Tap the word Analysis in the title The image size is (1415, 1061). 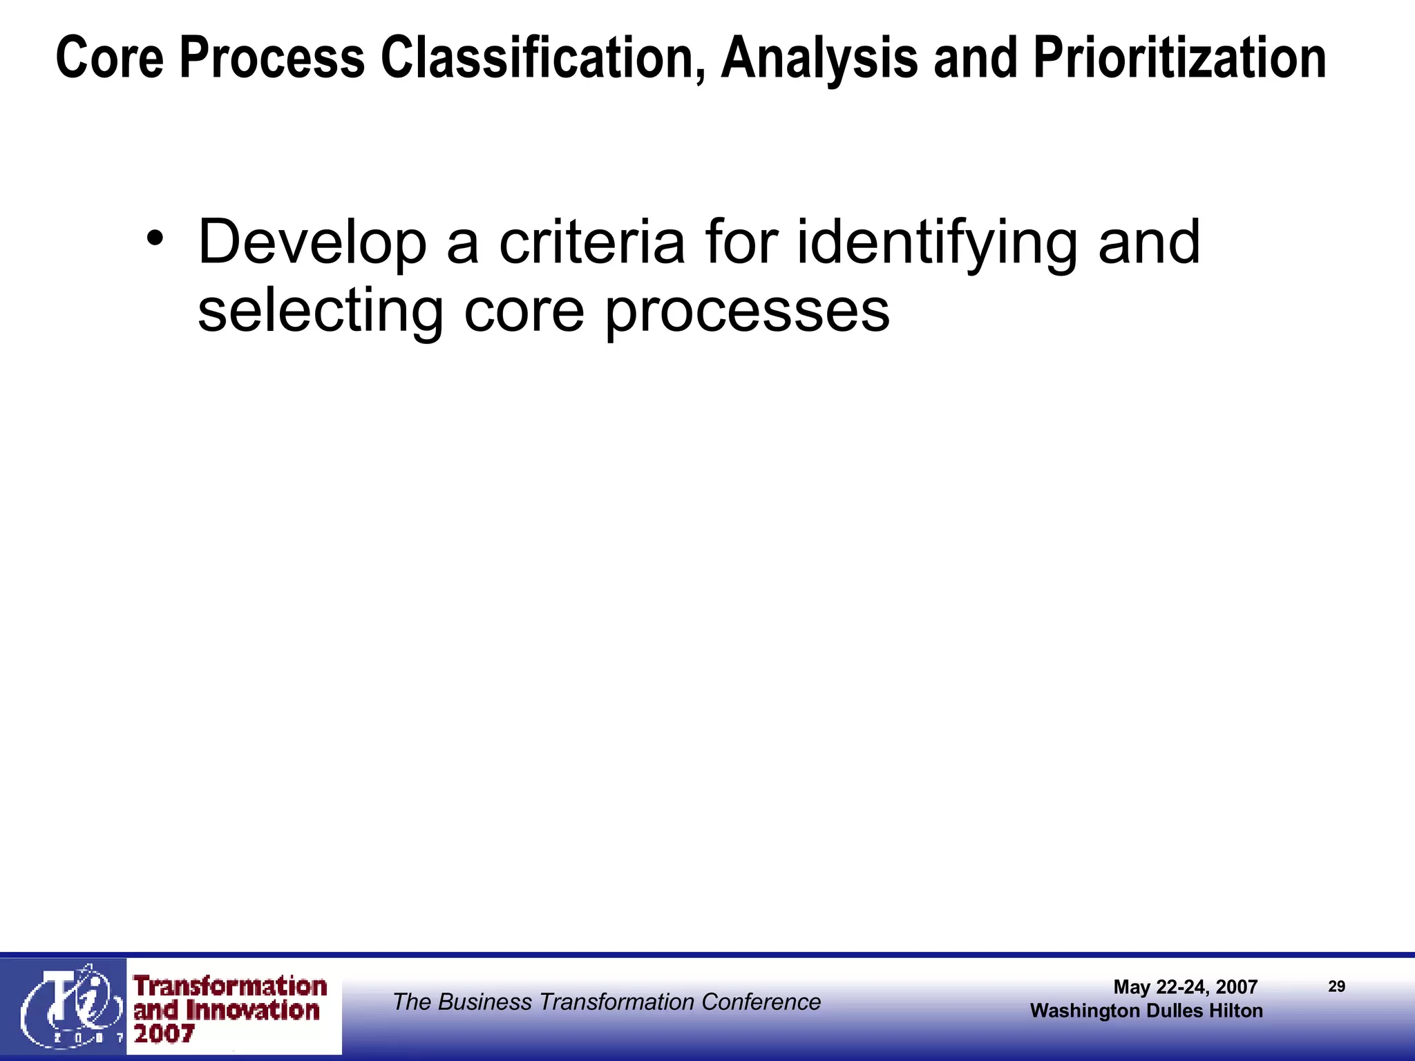[x=819, y=59]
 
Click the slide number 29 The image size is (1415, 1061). [x=1336, y=986]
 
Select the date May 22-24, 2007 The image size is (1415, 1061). [x=1185, y=986]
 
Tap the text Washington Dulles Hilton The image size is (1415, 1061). [x=1146, y=1011]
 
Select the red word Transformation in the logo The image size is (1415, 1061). [x=230, y=986]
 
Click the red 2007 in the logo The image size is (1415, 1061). [x=164, y=1034]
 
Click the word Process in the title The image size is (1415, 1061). [x=272, y=58]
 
